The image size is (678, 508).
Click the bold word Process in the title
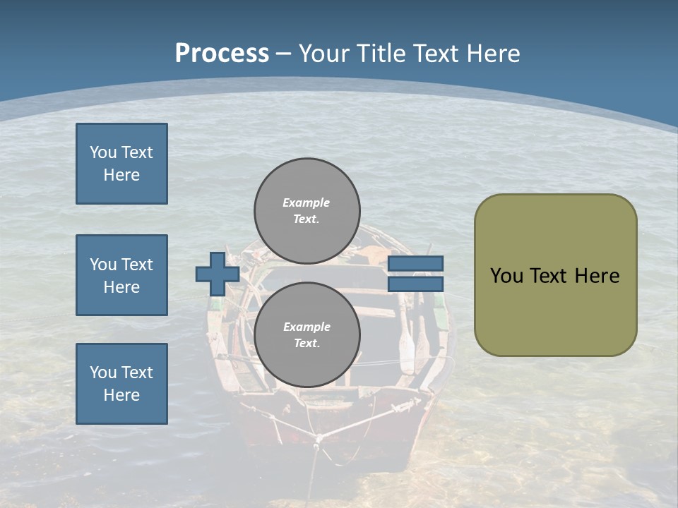click(x=222, y=53)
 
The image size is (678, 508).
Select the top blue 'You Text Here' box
click(x=121, y=164)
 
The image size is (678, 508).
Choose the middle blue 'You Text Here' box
click(x=121, y=275)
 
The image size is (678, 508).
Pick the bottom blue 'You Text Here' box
click(x=121, y=383)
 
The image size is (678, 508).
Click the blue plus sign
click(x=217, y=274)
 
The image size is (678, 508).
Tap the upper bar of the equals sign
click(x=416, y=263)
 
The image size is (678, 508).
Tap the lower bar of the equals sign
click(x=416, y=284)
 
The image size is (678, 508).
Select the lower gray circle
click(x=307, y=334)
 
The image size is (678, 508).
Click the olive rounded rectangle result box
click(x=555, y=275)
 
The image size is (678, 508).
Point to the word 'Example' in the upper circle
click(x=306, y=202)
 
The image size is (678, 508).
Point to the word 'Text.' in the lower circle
click(x=307, y=344)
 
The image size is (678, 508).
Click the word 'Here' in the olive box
click(x=597, y=276)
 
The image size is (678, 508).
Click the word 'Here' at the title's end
click(x=493, y=53)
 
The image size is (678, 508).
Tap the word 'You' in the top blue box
click(x=103, y=152)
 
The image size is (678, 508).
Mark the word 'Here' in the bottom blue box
click(x=121, y=395)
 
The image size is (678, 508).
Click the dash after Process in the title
click(x=283, y=54)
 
